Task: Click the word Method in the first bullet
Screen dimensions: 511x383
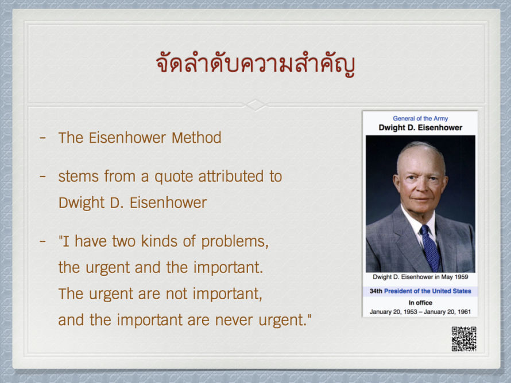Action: point(196,138)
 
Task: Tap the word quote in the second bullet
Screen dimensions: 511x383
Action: point(174,177)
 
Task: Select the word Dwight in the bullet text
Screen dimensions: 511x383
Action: point(82,203)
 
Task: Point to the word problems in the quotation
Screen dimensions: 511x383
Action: point(235,242)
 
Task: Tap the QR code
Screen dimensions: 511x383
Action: point(464,339)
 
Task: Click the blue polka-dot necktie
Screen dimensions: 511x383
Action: point(430,248)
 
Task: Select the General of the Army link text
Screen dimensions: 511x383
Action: point(420,119)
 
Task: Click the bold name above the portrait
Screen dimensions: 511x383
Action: point(420,127)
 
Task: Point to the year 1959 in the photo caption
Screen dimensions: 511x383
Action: point(461,277)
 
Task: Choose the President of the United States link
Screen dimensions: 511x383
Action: point(428,291)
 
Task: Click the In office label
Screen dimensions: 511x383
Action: point(420,303)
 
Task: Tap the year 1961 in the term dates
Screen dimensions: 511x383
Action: point(464,312)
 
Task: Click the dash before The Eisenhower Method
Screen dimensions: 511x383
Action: point(42,138)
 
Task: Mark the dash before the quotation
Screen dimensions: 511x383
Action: point(42,242)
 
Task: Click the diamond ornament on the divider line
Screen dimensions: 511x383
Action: point(255,105)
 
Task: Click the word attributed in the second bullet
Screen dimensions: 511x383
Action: point(231,177)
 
